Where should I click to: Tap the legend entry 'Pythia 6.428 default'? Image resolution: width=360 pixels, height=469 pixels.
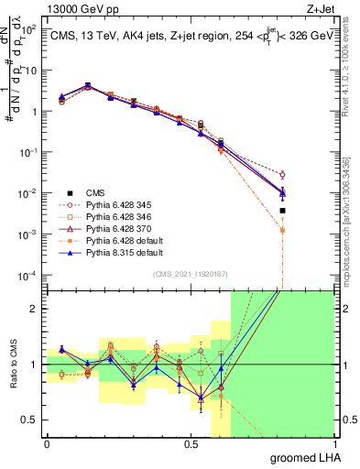pos(127,243)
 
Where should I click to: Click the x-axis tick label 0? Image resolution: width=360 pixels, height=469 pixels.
pos(47,443)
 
